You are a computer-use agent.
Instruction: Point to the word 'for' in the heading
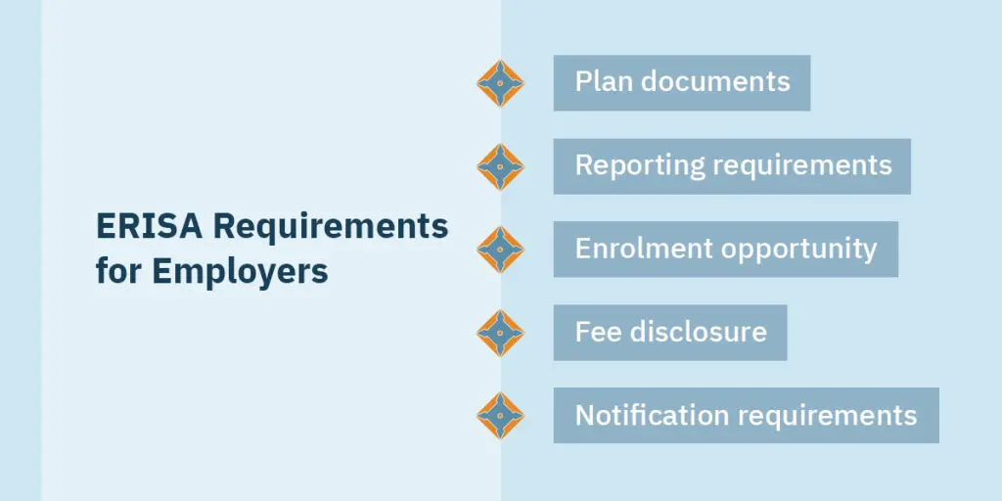click(x=118, y=271)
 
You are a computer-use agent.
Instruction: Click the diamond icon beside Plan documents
click(x=500, y=83)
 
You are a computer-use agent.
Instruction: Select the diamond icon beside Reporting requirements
click(x=500, y=166)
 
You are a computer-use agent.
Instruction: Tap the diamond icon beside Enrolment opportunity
click(x=500, y=250)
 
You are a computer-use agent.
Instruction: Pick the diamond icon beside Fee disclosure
click(x=500, y=333)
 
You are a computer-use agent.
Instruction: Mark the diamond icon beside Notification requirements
click(x=500, y=415)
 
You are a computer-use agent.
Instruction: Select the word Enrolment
click(x=644, y=249)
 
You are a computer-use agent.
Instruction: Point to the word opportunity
click(x=799, y=250)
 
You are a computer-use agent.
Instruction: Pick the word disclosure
click(x=699, y=332)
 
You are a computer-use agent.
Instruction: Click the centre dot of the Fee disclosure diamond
click(x=500, y=333)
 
